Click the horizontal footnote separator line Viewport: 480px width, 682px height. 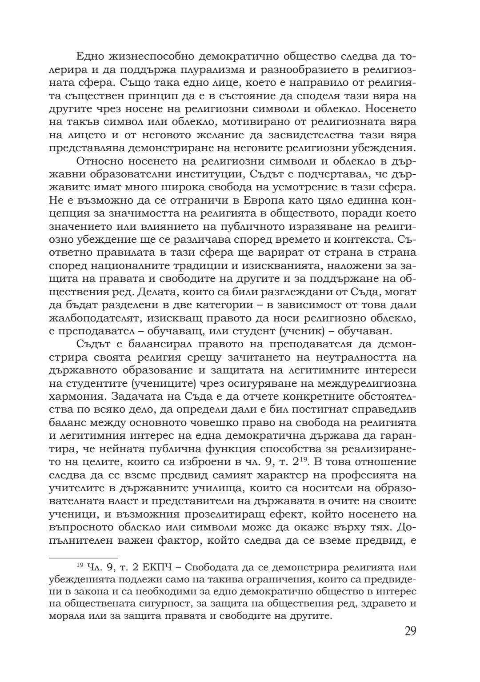point(83,557)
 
